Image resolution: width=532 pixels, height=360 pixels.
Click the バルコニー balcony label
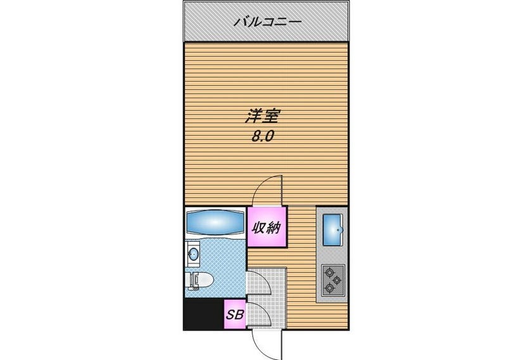[268, 22]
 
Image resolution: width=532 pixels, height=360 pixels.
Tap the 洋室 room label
[262, 117]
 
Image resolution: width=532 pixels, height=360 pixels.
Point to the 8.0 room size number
[262, 136]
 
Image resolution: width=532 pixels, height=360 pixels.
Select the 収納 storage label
[267, 227]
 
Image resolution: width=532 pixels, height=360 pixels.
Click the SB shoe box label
[235, 315]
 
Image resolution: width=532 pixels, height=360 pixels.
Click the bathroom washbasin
[193, 254]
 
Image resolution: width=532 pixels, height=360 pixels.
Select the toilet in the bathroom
[199, 281]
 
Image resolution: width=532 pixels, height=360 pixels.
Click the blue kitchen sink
[333, 230]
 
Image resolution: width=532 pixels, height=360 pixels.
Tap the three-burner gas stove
[333, 280]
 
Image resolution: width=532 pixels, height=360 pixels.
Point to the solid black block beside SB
[203, 314]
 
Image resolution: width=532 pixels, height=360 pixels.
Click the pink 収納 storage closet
[267, 226]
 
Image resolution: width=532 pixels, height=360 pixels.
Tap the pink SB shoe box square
[235, 315]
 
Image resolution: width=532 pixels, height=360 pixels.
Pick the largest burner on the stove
[329, 272]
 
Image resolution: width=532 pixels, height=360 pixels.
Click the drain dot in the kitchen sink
[338, 230]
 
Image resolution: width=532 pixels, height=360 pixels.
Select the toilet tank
[194, 281]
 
